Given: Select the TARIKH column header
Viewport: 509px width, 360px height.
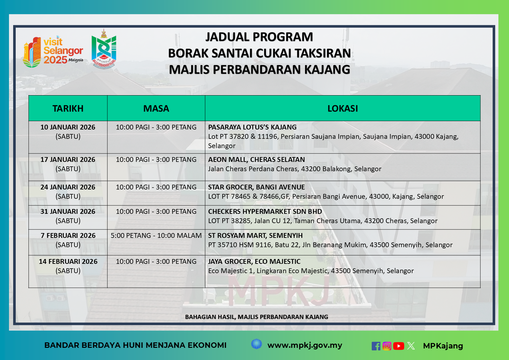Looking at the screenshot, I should pos(68,108).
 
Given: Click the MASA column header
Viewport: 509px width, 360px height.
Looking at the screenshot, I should pos(156,108).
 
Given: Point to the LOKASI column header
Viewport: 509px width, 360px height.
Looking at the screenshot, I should pos(343,108).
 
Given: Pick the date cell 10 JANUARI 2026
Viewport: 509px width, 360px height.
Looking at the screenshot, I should pos(68,127).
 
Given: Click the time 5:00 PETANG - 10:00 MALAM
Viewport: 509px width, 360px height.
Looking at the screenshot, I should pos(156,236).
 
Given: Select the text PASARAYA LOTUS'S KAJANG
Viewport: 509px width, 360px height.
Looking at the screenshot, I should pos(252,127).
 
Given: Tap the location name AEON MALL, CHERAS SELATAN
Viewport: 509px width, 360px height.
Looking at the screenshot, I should pos(257,160).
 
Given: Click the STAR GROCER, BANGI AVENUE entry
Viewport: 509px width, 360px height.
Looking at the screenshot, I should pos(257,187).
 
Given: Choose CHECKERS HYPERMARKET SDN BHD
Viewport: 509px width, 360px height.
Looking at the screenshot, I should pos(265,212).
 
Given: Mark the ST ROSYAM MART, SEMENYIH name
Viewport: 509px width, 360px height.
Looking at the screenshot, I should pos(255,236).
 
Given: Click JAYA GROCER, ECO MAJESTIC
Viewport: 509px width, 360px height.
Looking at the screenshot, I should pos(254,262).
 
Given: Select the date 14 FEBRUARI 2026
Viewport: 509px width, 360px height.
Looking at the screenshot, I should pos(68,262).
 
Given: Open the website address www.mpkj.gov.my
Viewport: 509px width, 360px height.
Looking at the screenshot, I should pos(305,345).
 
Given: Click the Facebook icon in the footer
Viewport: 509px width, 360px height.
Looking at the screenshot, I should pos(376,346).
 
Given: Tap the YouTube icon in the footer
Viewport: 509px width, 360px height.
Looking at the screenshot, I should pos(399,346).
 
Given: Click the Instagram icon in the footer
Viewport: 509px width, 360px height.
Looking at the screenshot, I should pos(387,346).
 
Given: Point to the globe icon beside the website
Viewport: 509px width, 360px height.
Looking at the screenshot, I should pos(257,344).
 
